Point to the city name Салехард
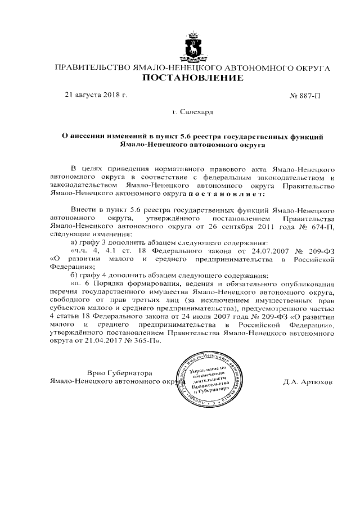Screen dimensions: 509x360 [x=196, y=112]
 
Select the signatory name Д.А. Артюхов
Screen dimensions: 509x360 [x=309, y=381]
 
